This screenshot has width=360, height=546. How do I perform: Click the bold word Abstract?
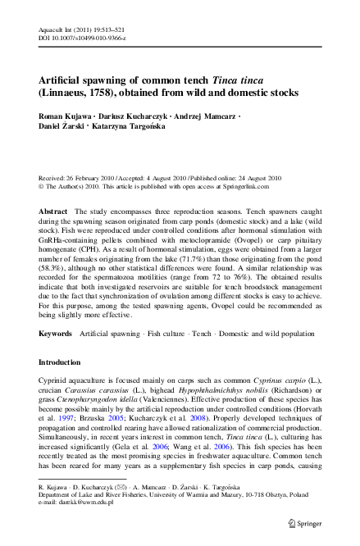(x=54, y=212)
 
